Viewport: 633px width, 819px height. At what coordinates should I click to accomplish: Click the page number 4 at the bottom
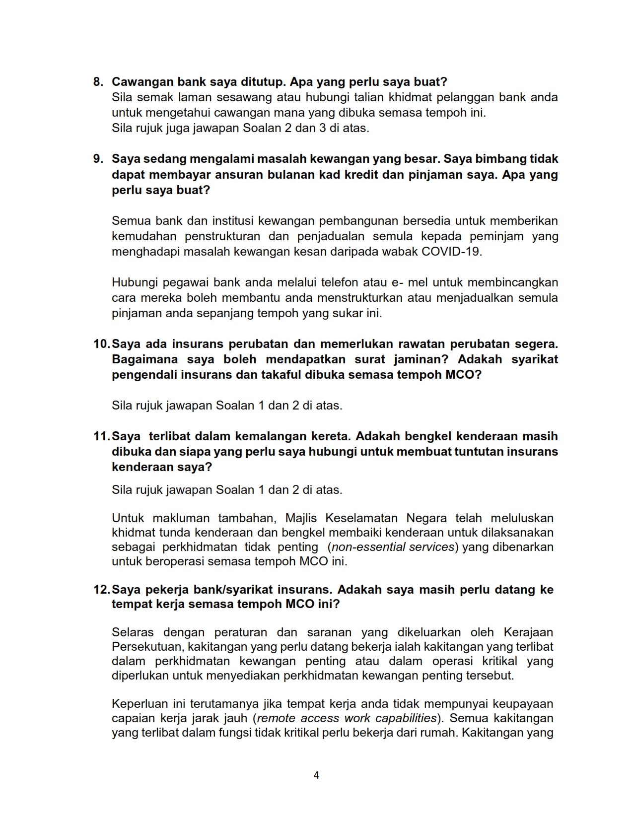click(316, 775)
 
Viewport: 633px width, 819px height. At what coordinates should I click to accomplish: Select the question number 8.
click(98, 81)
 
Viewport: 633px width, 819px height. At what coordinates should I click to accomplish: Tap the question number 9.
click(98, 159)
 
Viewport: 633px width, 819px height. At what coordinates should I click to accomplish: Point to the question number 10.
click(101, 344)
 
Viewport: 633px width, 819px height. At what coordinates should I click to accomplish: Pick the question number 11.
click(101, 436)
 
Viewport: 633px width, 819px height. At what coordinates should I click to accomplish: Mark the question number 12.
click(101, 590)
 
